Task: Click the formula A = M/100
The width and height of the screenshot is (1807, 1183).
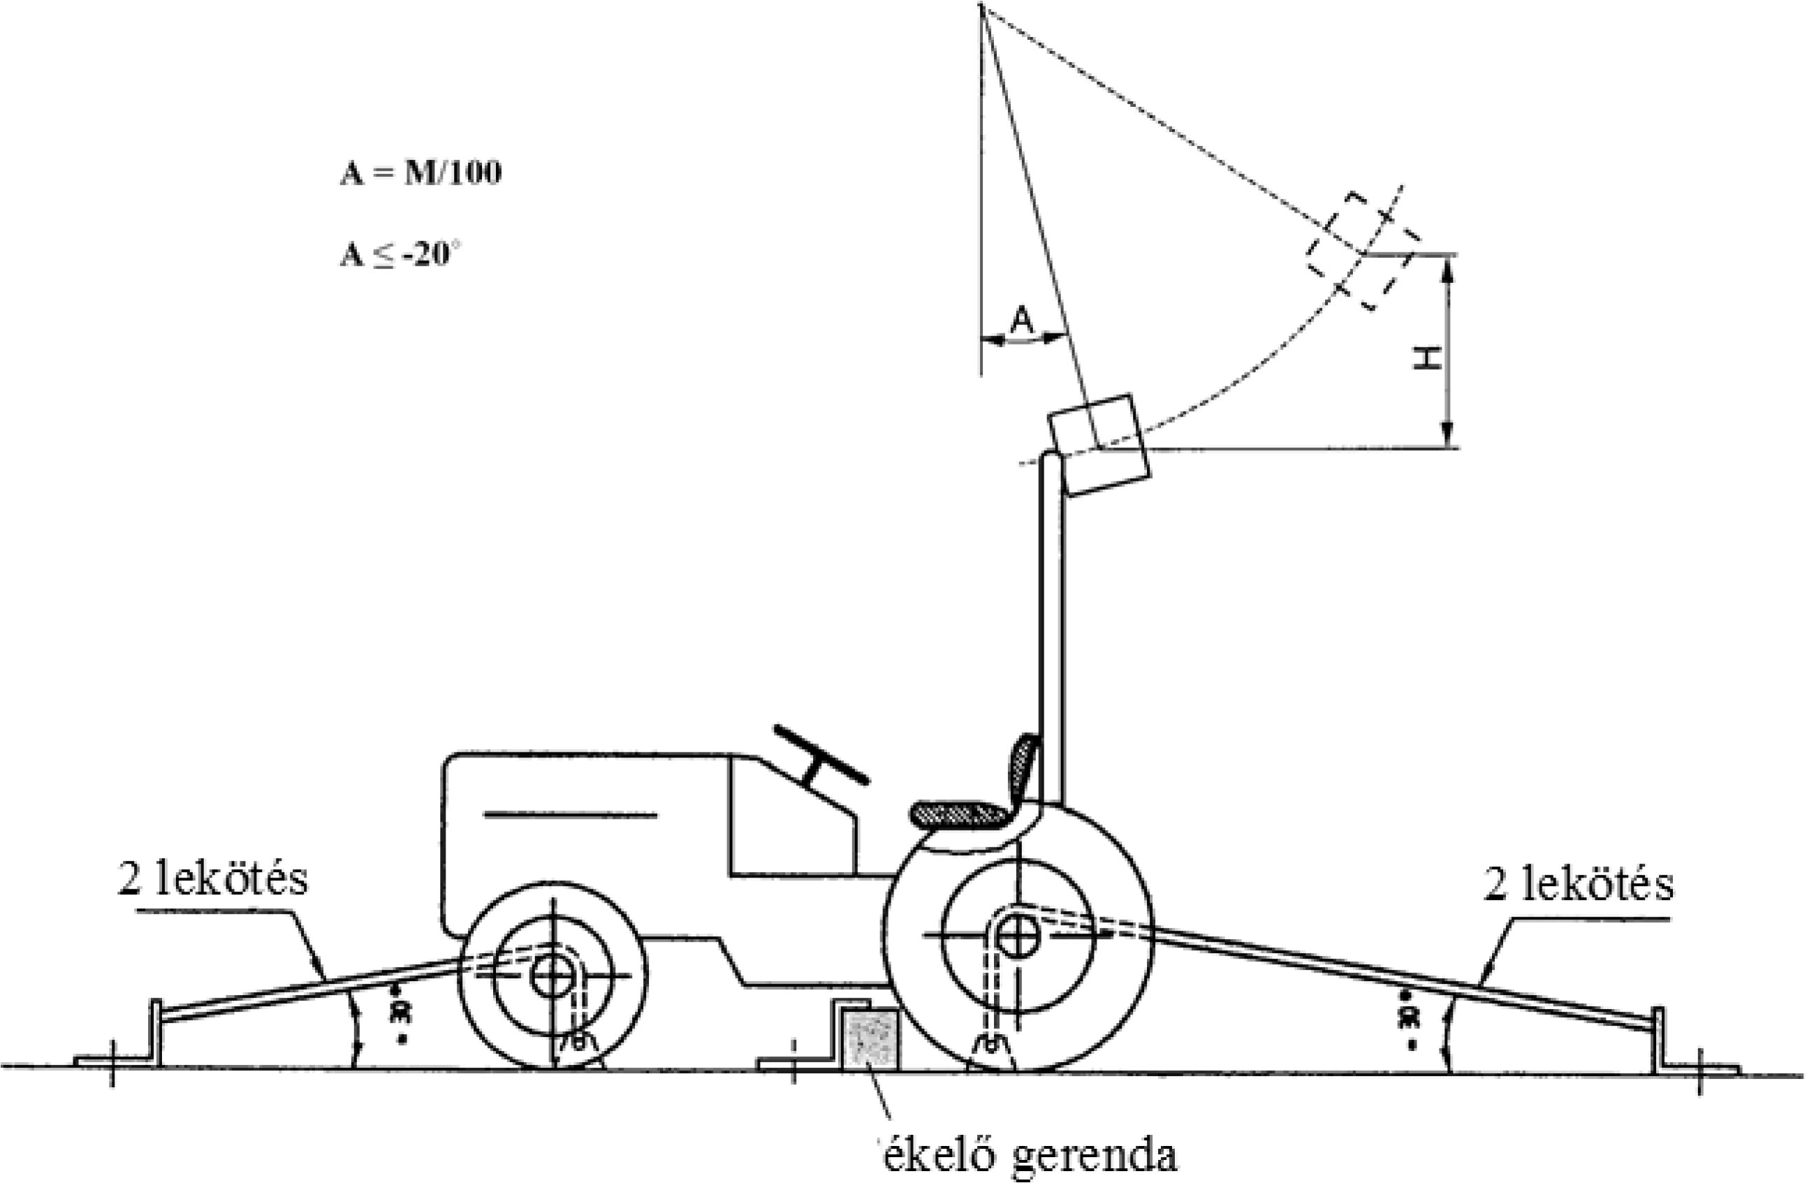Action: click(420, 174)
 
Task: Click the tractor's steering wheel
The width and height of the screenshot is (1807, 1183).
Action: click(820, 754)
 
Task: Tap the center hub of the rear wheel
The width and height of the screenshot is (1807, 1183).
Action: click(1018, 936)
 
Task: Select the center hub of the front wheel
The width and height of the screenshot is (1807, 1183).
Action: click(553, 975)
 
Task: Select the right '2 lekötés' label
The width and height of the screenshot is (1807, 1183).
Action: click(1579, 885)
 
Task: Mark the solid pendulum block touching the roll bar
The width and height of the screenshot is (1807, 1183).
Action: click(1099, 445)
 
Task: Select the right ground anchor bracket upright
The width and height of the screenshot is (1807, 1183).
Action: click(1658, 1040)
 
